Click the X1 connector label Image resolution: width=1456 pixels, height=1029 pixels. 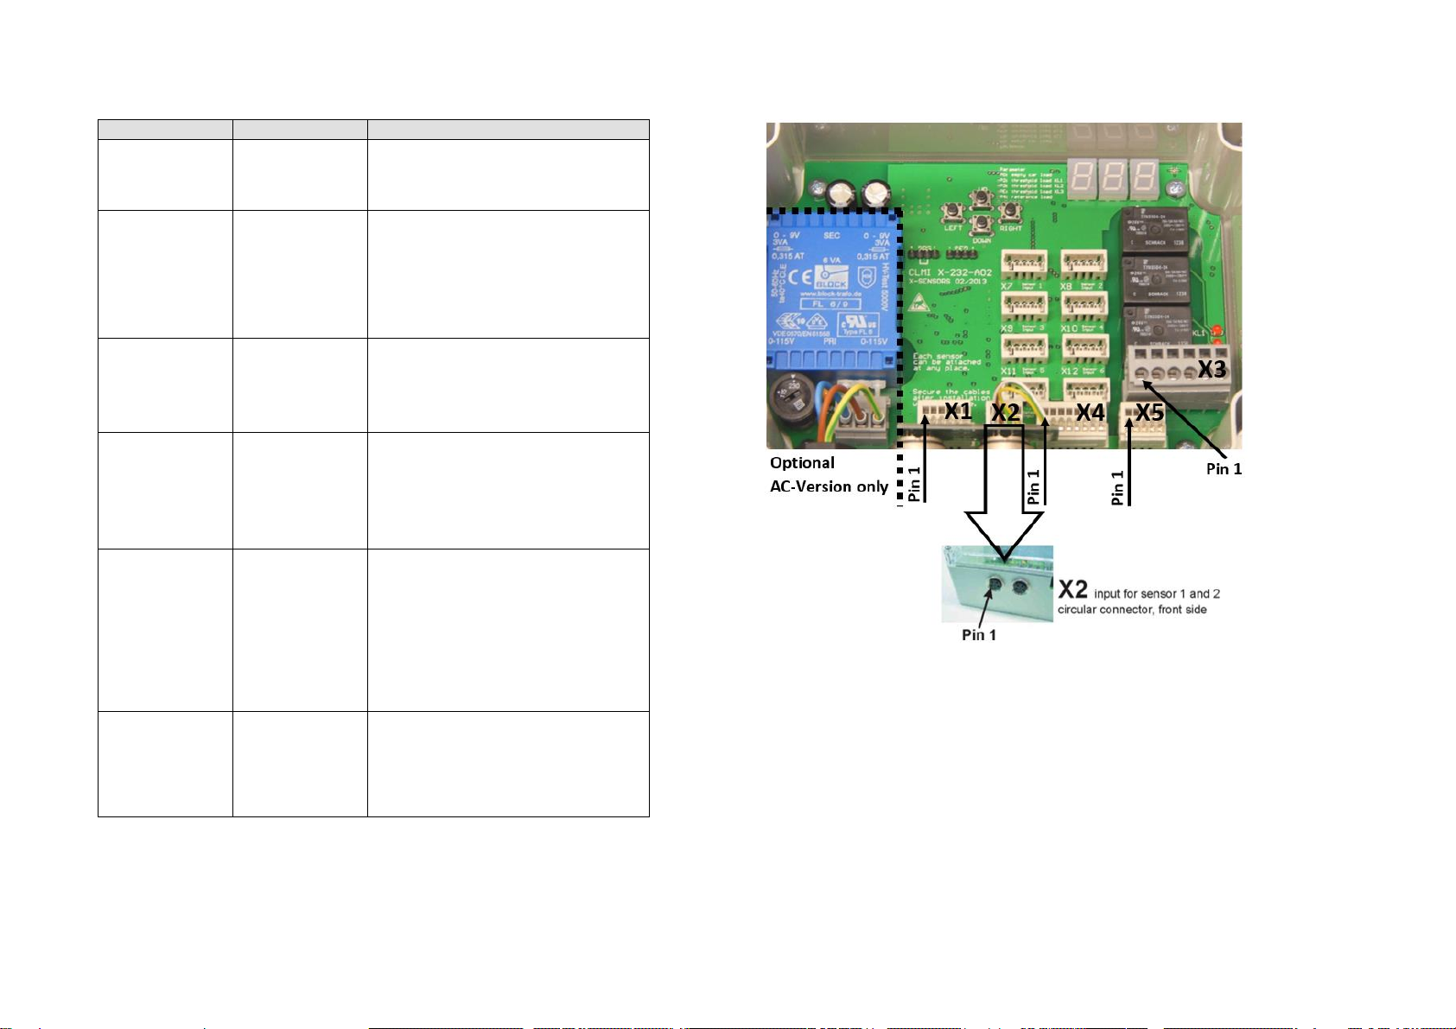click(x=957, y=411)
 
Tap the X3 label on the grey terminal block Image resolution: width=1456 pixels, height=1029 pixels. click(x=1211, y=369)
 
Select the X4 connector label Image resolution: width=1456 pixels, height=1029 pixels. click(x=1090, y=412)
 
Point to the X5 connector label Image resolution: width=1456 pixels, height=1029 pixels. click(x=1149, y=413)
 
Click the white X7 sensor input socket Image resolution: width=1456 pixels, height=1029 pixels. click(x=1024, y=262)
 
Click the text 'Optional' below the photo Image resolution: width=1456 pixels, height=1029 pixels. click(x=802, y=463)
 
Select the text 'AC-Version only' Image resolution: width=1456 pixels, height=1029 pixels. click(x=829, y=486)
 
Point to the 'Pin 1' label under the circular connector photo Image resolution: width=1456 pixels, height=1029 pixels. click(x=979, y=635)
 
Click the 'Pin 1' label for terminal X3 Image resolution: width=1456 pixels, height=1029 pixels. click(x=1224, y=468)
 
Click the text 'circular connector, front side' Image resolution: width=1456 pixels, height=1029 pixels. click(x=1132, y=610)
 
